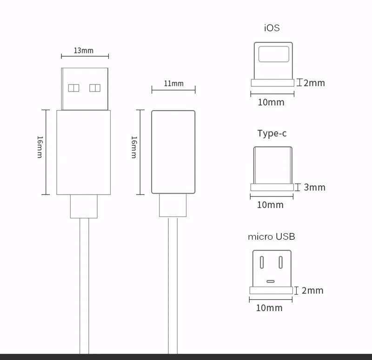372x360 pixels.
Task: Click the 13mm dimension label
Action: click(84, 50)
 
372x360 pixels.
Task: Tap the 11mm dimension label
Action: click(173, 84)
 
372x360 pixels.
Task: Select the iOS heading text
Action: click(272, 28)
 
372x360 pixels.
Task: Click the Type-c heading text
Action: click(272, 133)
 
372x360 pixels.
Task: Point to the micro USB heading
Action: click(272, 236)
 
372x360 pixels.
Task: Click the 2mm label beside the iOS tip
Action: click(314, 83)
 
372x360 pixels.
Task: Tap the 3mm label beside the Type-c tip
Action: click(314, 187)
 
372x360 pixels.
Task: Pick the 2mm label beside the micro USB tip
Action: click(312, 291)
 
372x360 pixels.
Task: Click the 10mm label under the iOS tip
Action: click(271, 102)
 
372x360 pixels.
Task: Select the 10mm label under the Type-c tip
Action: click(270, 205)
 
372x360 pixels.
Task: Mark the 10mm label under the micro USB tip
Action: click(269, 308)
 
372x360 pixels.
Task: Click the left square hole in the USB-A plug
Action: click(74, 88)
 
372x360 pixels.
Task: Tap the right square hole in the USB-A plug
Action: click(95, 88)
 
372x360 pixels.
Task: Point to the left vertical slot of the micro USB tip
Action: click(261, 262)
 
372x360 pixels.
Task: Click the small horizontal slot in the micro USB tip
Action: click(271, 281)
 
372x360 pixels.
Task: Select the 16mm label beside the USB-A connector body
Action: click(40, 147)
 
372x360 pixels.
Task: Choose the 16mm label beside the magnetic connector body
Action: click(134, 147)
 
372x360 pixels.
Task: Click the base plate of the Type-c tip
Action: click(272, 187)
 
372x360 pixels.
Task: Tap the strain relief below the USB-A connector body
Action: click(84, 206)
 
